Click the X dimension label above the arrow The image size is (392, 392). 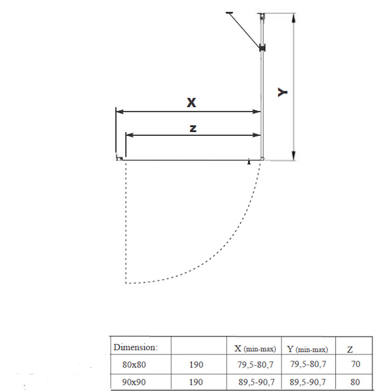click(191, 103)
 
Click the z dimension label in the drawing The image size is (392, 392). click(193, 128)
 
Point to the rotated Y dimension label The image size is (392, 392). click(283, 92)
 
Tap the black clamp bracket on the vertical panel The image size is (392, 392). click(262, 48)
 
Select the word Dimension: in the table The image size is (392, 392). click(135, 348)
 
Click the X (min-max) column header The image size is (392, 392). click(255, 349)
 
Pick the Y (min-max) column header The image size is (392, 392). click(308, 349)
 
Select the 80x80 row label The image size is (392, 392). click(134, 364)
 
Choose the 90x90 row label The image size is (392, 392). click(134, 382)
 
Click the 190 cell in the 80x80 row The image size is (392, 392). click(196, 364)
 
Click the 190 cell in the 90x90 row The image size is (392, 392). click(196, 382)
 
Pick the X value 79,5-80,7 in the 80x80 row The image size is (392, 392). click(256, 364)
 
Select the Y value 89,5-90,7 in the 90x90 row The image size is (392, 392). click(308, 382)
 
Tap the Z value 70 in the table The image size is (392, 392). click(355, 364)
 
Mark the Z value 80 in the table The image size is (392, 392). click(355, 382)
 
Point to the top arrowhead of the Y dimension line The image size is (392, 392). click(294, 18)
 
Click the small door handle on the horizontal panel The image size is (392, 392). click(249, 162)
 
